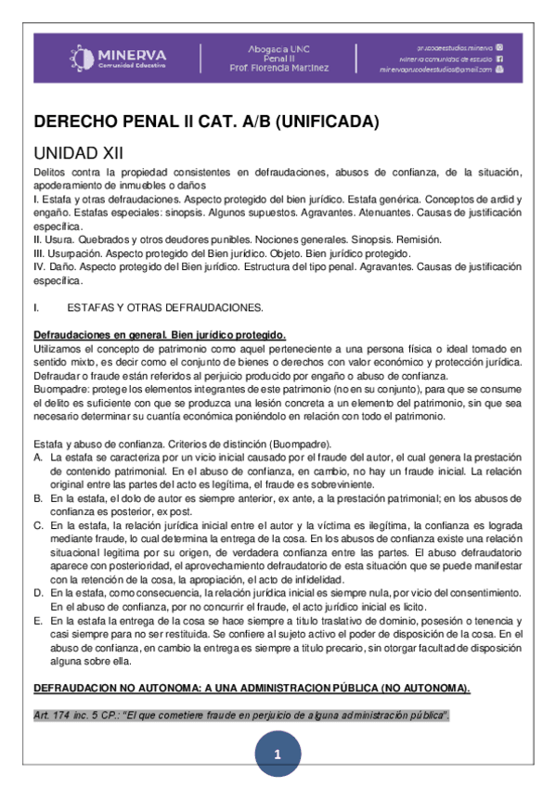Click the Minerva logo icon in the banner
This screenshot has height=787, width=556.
[83, 58]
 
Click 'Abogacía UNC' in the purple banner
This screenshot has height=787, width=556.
[278, 47]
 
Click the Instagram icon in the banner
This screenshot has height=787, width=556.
[499, 46]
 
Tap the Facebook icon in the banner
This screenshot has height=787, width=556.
[499, 58]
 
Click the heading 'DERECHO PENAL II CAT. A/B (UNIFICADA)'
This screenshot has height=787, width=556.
[206, 122]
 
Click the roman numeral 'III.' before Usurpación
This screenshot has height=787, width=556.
[39, 253]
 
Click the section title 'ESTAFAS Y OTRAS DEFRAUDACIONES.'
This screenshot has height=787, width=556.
[166, 307]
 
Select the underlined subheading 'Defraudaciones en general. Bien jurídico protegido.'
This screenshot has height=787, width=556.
[160, 334]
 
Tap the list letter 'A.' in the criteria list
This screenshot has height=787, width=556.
[37, 457]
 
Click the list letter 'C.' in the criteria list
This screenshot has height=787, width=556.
[37, 525]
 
